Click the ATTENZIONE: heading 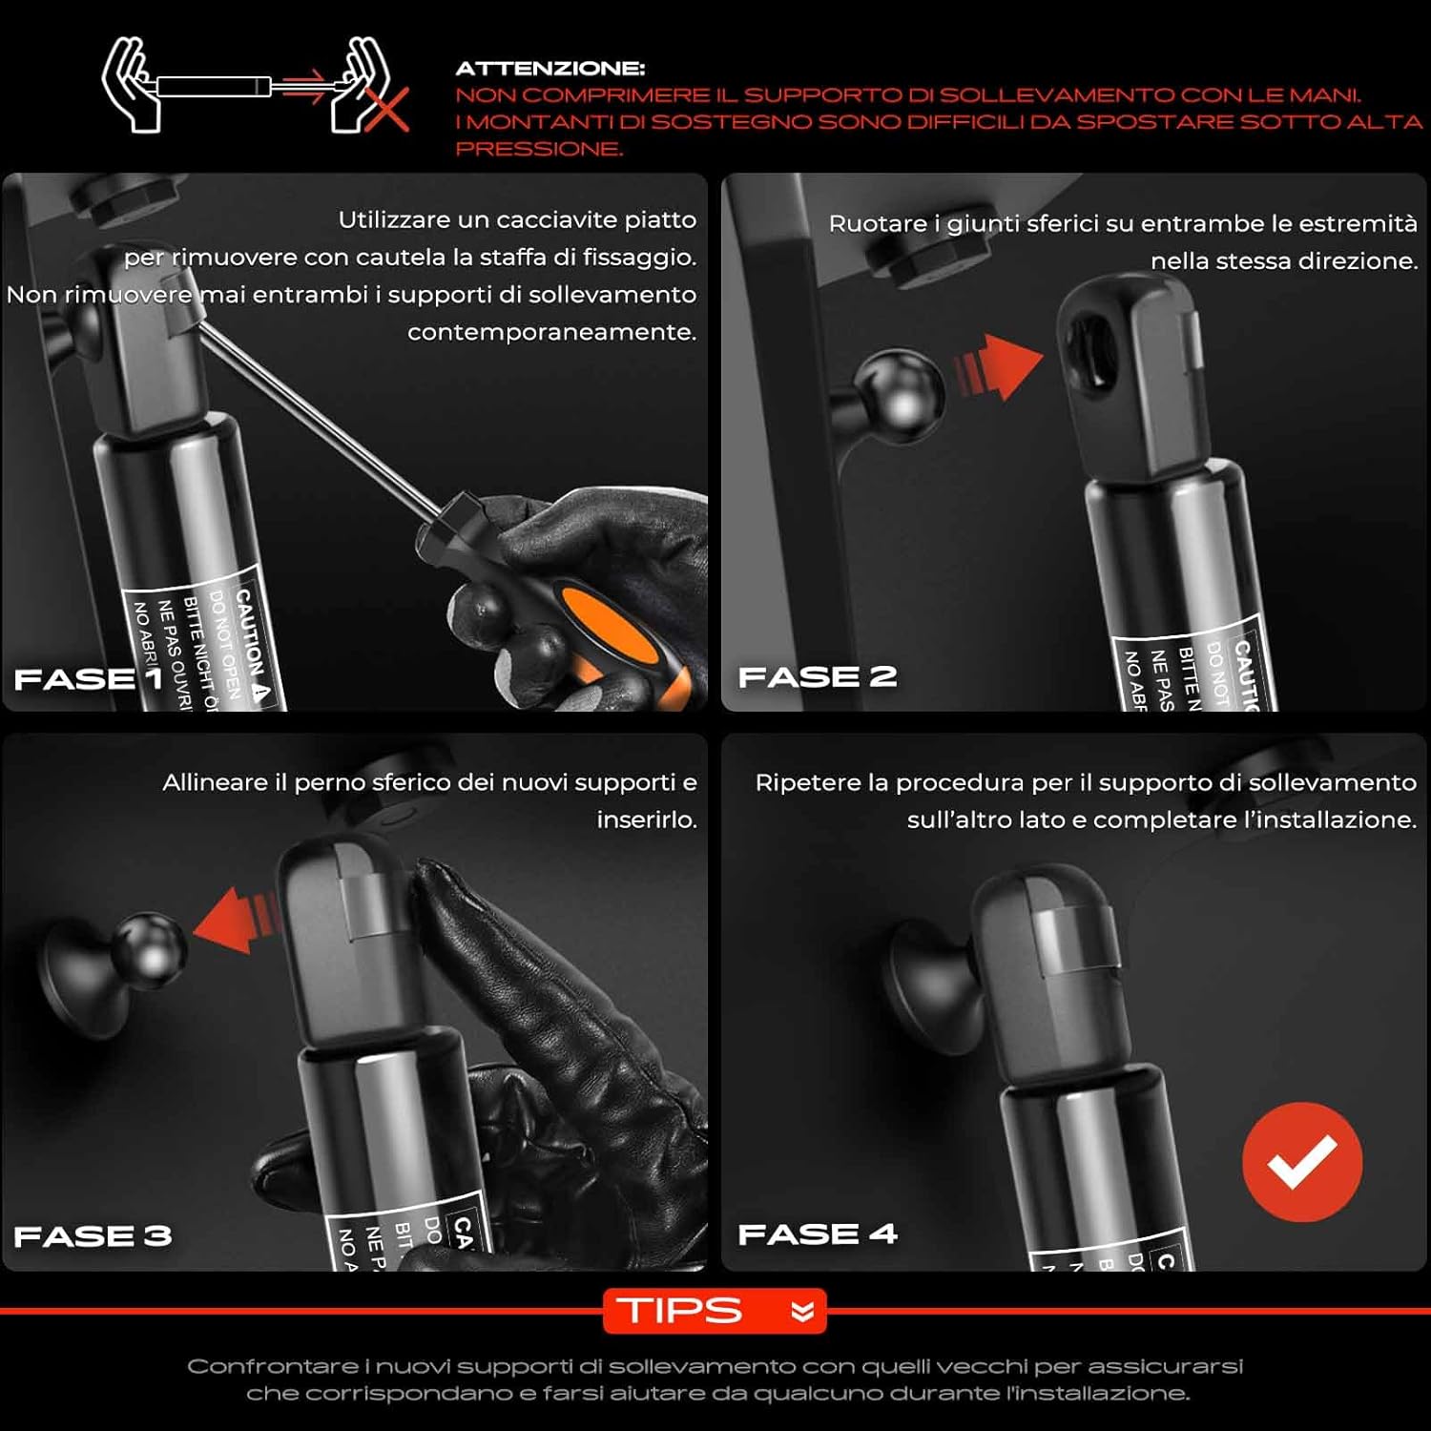click(x=550, y=69)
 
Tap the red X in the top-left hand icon click(x=386, y=108)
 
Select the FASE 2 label click(x=817, y=676)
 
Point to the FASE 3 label click(x=93, y=1236)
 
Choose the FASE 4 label click(x=818, y=1234)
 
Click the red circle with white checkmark click(x=1302, y=1161)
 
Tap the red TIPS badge click(x=714, y=1311)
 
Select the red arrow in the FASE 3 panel click(x=235, y=920)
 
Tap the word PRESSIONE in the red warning click(x=539, y=149)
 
